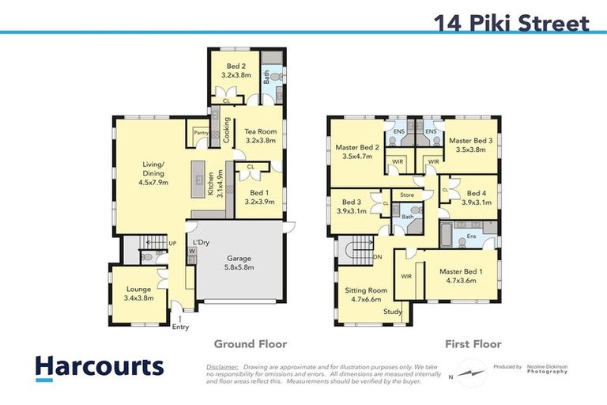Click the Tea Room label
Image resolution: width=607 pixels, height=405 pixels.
pos(260,136)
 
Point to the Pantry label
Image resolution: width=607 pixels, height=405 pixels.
pos(200,134)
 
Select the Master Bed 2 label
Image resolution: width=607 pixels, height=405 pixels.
pos(357,152)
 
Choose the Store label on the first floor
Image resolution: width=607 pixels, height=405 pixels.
pos(407,194)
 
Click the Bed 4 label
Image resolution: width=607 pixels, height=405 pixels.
pos(477,197)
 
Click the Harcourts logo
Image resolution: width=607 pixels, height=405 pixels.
pos(100,367)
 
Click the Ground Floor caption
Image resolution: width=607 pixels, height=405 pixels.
pos(250,344)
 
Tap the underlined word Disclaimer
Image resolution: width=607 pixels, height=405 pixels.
pos(222,367)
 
